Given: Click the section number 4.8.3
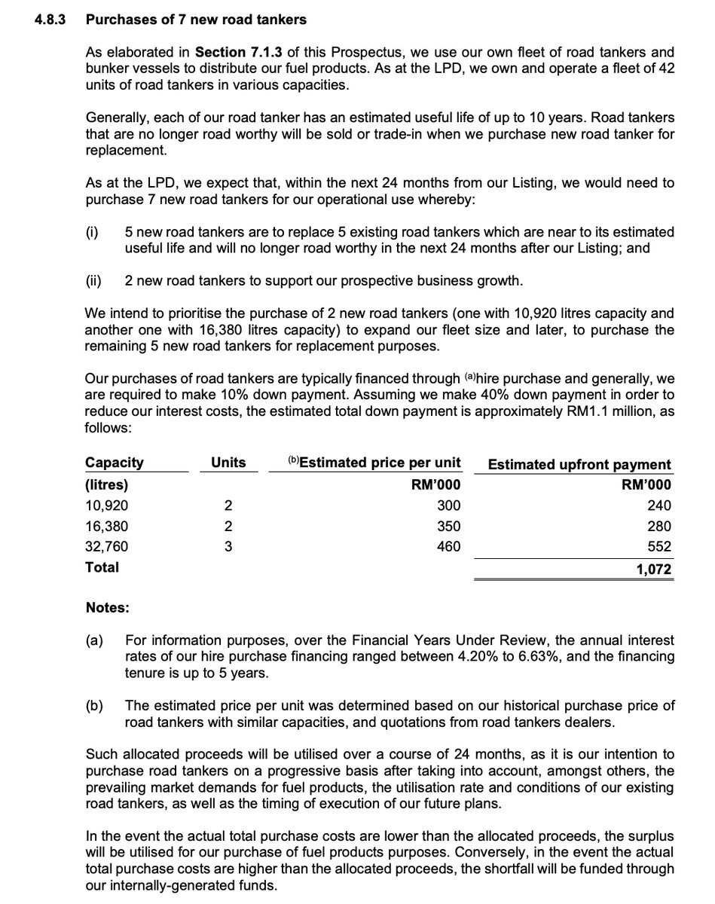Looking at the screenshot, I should [50, 20].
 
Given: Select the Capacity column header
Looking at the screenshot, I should [115, 463].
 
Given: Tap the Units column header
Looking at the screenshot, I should [228, 463].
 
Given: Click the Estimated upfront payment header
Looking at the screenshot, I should [579, 465].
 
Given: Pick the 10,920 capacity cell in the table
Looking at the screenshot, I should [106, 505].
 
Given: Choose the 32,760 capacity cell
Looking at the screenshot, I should [107, 546].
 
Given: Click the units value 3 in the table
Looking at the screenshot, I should [228, 546].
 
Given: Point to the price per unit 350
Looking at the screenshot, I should [448, 526].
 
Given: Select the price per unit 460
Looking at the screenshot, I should [448, 546].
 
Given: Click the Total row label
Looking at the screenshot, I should [102, 567].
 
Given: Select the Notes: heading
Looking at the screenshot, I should [107, 606].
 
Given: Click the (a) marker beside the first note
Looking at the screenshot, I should [95, 641].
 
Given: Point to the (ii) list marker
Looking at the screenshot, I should [95, 281].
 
